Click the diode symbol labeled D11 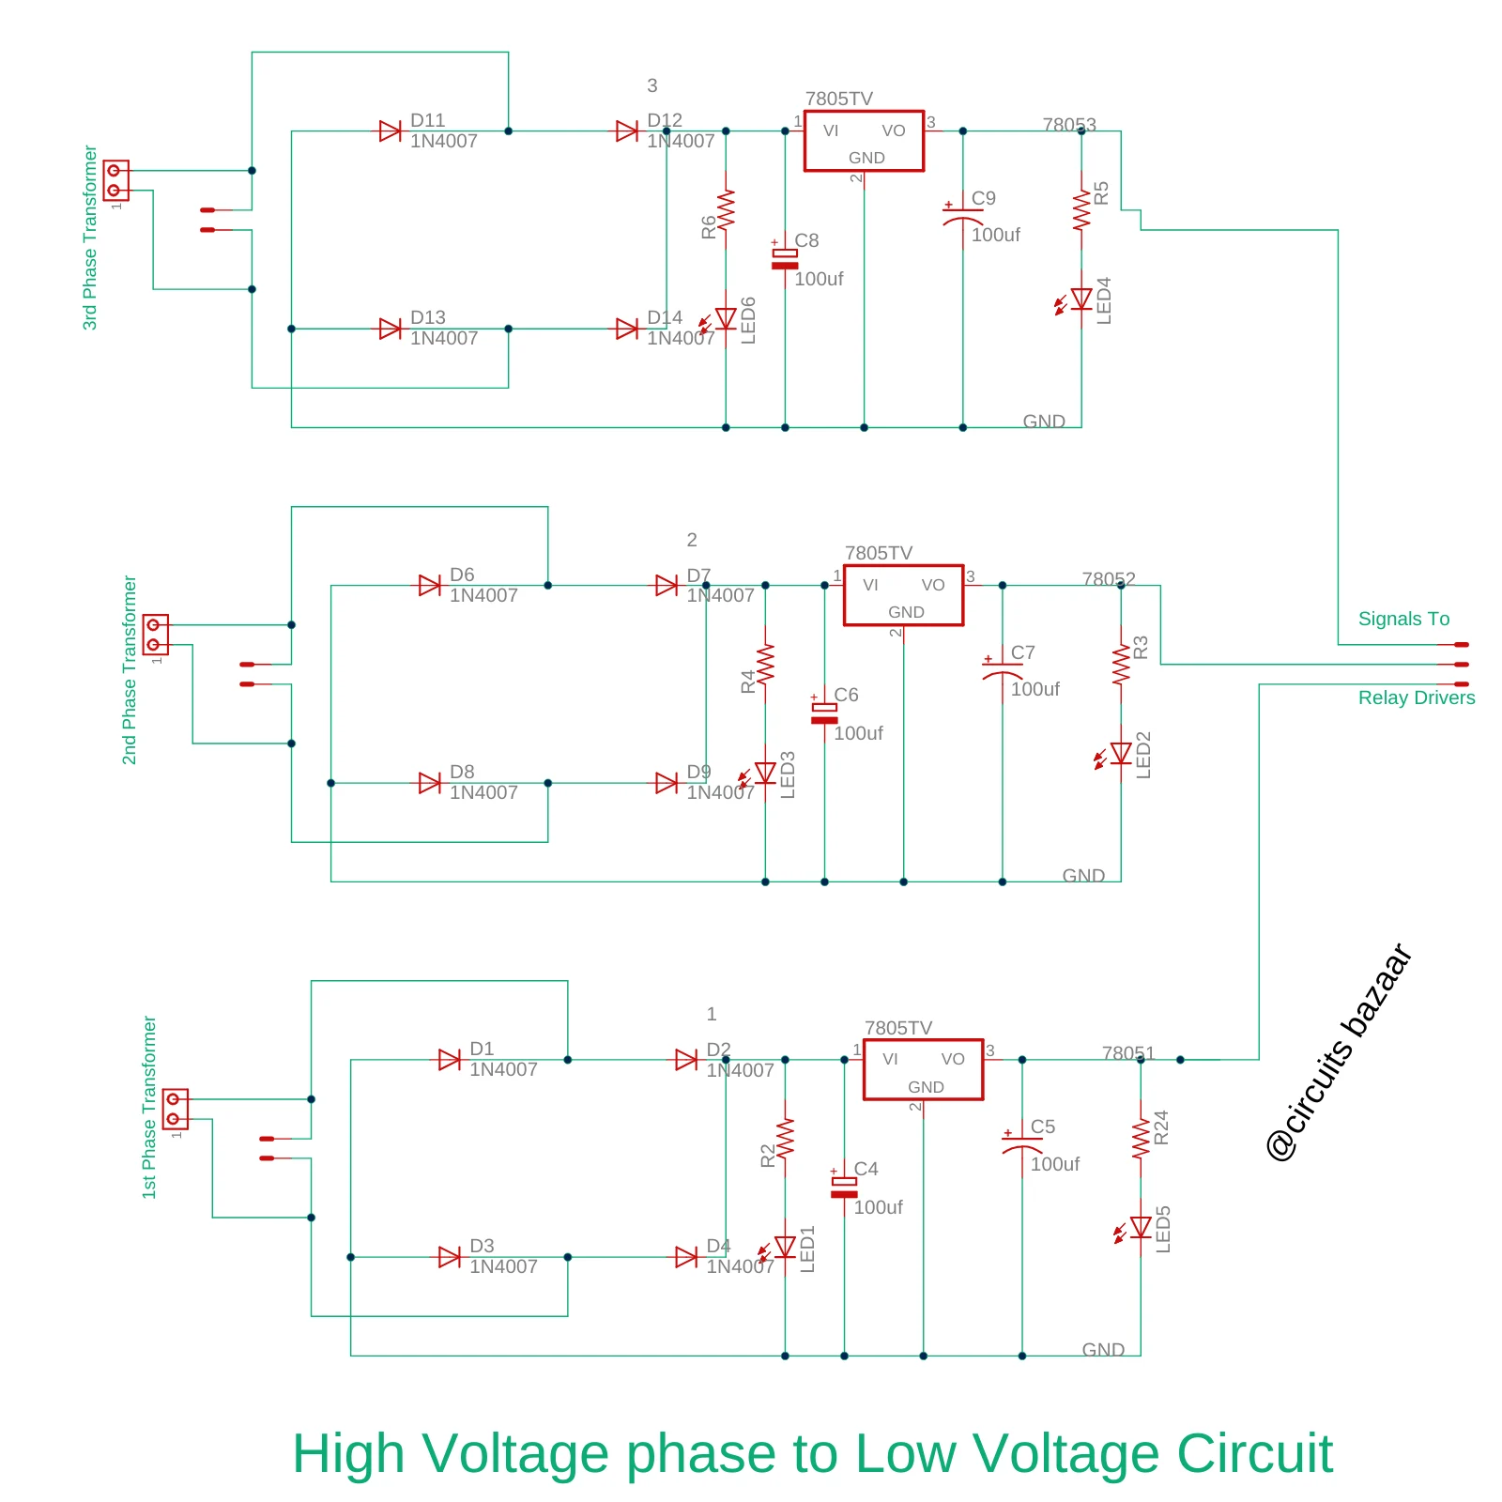(x=391, y=131)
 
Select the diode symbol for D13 (x=391, y=329)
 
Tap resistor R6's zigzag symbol (x=726, y=209)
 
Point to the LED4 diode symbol (x=1081, y=299)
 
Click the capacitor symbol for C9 (x=962, y=216)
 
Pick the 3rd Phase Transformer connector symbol (x=115, y=180)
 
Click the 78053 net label (x=1068, y=125)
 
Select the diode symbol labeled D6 (x=430, y=586)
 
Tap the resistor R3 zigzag (x=1121, y=665)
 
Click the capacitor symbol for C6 (x=824, y=713)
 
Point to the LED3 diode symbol (x=765, y=773)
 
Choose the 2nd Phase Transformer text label (x=130, y=670)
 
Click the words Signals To (x=1403, y=619)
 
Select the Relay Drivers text (x=1416, y=697)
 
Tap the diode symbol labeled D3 (x=450, y=1257)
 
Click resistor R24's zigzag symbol (x=1141, y=1139)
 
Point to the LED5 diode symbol (x=1141, y=1227)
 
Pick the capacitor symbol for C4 (x=844, y=1188)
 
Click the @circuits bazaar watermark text (x=1340, y=1052)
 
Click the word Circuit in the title (x=1254, y=1453)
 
